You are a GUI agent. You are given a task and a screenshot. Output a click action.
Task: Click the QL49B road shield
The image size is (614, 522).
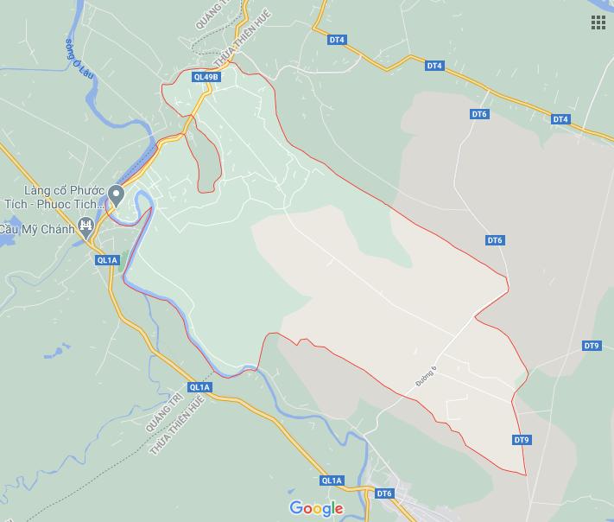[207, 77]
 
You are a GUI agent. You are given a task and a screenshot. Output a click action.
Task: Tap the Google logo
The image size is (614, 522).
[316, 508]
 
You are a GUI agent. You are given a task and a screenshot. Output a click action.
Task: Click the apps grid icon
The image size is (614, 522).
[598, 22]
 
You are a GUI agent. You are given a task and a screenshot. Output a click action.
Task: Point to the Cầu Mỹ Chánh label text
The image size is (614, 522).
[36, 229]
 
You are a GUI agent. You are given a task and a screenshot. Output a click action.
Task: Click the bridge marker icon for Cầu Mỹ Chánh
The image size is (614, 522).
[85, 227]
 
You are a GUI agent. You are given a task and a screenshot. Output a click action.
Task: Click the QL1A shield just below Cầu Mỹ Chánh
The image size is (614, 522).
[107, 259]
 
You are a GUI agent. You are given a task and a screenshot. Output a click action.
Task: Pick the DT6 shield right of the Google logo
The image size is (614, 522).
[384, 493]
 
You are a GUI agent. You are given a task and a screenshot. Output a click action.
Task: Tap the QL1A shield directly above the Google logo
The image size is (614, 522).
[332, 481]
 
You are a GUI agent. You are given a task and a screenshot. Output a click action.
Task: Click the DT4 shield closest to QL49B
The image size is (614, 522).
[337, 40]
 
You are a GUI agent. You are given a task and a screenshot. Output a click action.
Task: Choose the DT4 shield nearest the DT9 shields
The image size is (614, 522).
[560, 119]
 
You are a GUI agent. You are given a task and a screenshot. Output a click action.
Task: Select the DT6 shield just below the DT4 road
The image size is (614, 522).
[479, 114]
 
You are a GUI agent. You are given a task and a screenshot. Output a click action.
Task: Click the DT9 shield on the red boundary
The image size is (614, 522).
[521, 440]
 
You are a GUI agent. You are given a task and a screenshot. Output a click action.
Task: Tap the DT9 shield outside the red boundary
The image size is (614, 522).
[591, 346]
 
